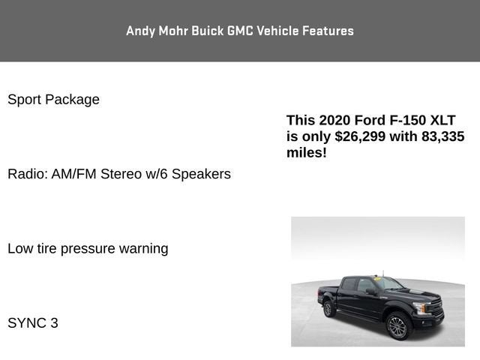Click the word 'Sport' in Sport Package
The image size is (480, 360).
tap(24, 100)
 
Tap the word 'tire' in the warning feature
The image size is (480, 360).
tap(47, 248)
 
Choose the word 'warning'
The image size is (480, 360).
tap(142, 248)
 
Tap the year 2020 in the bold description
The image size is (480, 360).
tap(334, 120)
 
